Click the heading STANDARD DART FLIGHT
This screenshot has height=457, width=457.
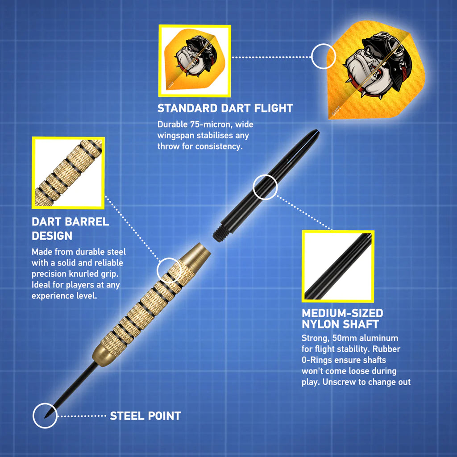coord(225,108)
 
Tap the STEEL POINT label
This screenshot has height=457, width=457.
coord(145,416)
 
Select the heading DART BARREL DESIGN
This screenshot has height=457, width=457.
coord(70,228)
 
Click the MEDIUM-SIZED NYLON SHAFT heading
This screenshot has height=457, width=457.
coord(342,318)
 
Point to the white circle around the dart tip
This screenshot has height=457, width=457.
coord(45,415)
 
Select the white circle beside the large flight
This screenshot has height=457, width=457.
coord(324,57)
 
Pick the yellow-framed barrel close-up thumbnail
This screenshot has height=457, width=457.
coord(68,173)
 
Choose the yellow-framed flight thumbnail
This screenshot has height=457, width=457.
coord(195,61)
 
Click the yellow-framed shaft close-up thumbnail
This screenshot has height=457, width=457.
coord(338,266)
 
